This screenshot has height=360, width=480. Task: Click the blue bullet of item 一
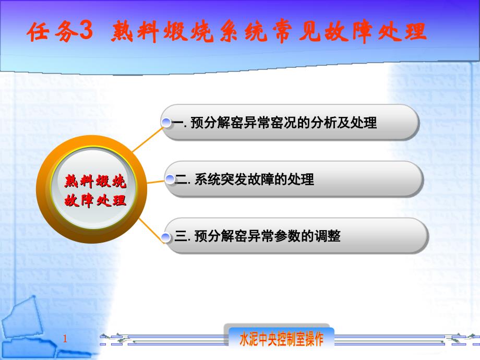click(x=166, y=123)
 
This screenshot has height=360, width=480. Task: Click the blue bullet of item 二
click(x=170, y=179)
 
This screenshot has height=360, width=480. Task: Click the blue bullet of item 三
click(x=166, y=237)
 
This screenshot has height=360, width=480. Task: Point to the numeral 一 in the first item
click(x=178, y=123)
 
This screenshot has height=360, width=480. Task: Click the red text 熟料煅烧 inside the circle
click(x=95, y=181)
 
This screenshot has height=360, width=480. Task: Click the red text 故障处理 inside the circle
click(x=95, y=201)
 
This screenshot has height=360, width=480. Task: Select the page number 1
click(x=65, y=339)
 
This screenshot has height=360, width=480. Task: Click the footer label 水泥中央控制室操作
click(x=281, y=339)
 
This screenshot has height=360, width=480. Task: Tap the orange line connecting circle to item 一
click(x=148, y=140)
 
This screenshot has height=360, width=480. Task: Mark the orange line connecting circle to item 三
click(x=151, y=230)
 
